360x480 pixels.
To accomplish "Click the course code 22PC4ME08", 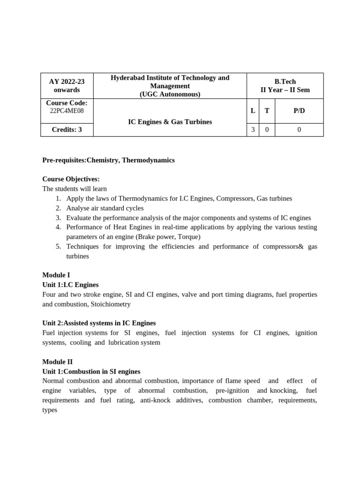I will (x=67, y=111).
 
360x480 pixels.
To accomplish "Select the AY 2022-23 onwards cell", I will (x=67, y=86).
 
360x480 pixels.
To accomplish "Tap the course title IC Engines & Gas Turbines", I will (x=170, y=122).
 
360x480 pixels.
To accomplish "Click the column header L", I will (x=253, y=111).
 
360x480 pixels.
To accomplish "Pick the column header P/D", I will (x=299, y=111).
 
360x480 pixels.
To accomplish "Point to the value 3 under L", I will (x=253, y=130).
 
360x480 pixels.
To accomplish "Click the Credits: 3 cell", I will (x=67, y=130).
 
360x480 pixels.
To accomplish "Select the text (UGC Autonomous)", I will (x=170, y=94).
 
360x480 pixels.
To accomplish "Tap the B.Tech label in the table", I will (x=285, y=82).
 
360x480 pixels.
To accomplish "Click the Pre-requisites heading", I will (x=108, y=160).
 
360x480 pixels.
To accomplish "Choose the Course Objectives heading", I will (x=71, y=180).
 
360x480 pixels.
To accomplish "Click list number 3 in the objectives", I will (x=58, y=218).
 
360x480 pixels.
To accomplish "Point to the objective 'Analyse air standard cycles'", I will (x=105, y=208).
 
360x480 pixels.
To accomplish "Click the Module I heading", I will (x=56, y=275).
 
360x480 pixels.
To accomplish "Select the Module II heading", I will (x=57, y=362).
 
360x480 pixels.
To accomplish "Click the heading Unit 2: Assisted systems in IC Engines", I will (x=99, y=323).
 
